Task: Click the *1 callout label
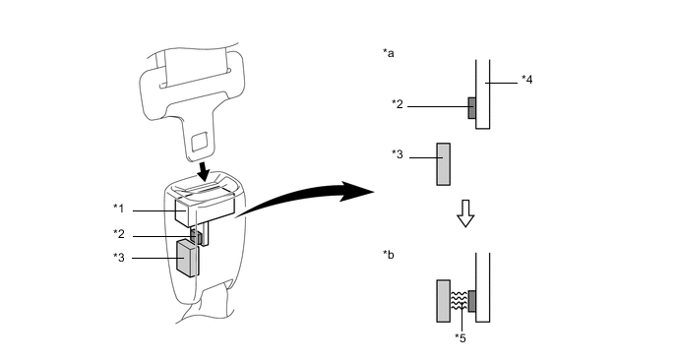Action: point(119,209)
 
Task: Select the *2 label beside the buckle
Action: point(119,234)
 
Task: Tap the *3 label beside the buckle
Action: point(119,258)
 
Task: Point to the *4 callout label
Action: point(526,80)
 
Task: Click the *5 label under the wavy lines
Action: point(461,338)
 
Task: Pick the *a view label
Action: point(388,53)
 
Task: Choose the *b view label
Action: point(388,255)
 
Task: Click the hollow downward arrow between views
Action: point(465,213)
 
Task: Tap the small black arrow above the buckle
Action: point(202,171)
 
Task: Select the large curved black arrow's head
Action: point(356,191)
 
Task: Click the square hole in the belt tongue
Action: point(200,142)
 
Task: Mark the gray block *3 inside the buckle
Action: point(188,258)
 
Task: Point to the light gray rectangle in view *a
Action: point(444,164)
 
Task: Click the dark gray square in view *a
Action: point(472,108)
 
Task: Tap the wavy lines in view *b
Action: point(459,301)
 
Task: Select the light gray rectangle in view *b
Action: point(444,301)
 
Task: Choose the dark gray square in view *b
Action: point(472,301)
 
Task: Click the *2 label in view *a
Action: point(398,104)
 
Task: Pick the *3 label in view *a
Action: point(398,154)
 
